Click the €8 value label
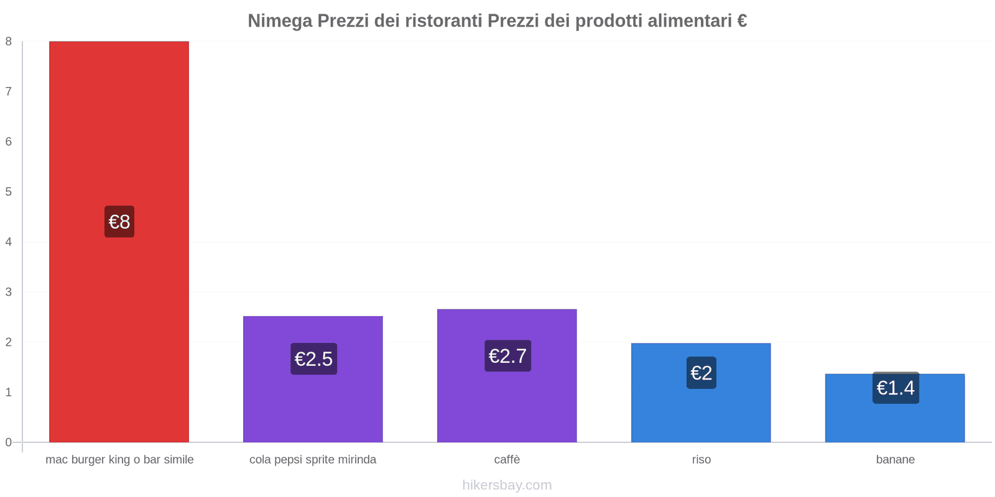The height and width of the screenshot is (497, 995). tap(119, 222)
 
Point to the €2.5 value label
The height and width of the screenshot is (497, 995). tap(313, 359)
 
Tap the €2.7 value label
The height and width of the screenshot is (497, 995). tap(507, 356)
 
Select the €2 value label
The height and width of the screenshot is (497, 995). tap(701, 373)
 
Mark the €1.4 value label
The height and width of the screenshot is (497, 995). tap(895, 388)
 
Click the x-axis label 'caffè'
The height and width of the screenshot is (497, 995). tap(507, 460)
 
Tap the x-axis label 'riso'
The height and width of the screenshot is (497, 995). tap(701, 460)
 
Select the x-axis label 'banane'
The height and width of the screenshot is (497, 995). tap(895, 460)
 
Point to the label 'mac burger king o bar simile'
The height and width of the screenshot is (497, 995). tap(119, 460)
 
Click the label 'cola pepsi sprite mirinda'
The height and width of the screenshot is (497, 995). tap(313, 460)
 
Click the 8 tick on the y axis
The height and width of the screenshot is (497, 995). tap(9, 42)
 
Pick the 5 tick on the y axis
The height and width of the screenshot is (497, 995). tap(9, 192)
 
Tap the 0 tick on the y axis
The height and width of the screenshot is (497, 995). tap(9, 442)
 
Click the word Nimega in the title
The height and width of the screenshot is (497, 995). tap(280, 21)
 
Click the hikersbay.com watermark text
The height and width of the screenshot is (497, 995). tap(507, 485)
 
